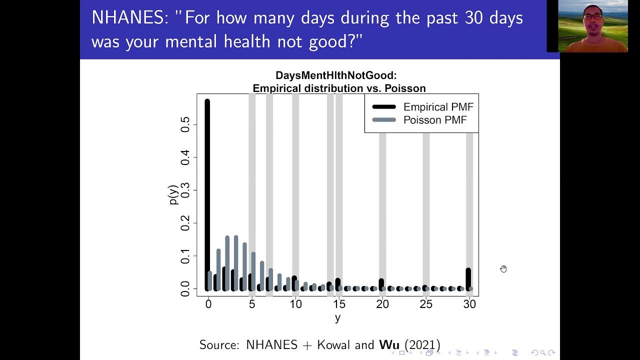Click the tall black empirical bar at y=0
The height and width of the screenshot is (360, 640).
(207, 195)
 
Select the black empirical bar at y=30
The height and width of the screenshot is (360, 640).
(468, 279)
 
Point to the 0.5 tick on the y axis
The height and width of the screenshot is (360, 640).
(185, 124)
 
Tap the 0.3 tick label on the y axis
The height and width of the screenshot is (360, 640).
(185, 190)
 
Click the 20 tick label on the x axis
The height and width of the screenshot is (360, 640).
(382, 304)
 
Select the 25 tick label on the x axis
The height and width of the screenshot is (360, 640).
(426, 304)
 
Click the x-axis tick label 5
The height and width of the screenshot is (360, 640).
(252, 304)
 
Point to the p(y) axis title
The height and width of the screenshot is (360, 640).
(173, 195)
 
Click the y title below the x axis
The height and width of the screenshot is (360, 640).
(337, 318)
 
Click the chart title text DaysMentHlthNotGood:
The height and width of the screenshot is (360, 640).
(336, 75)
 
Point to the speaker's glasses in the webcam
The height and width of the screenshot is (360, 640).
(592, 16)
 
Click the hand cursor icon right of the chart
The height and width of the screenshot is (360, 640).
(503, 269)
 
